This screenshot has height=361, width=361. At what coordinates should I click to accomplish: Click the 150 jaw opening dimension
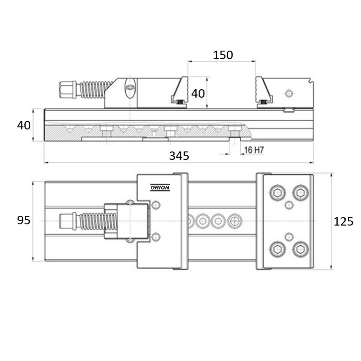pyautogui.click(x=223, y=55)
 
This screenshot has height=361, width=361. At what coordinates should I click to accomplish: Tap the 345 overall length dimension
pyautogui.click(x=179, y=156)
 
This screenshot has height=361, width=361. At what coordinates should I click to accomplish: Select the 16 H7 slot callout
pyautogui.click(x=254, y=150)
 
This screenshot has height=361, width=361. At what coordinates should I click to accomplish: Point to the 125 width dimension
pyautogui.click(x=343, y=221)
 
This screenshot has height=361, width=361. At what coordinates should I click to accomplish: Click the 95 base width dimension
pyautogui.click(x=23, y=220)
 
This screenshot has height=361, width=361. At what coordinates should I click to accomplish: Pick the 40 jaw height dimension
pyautogui.click(x=198, y=94)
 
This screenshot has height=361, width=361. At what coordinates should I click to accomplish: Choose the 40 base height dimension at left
pyautogui.click(x=24, y=125)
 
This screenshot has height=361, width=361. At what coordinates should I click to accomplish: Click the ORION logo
pyautogui.click(x=160, y=187)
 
